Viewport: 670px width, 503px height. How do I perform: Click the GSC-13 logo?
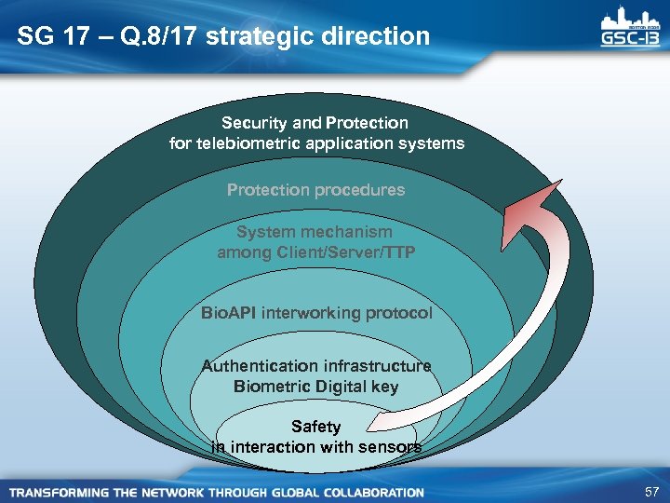tap(628, 30)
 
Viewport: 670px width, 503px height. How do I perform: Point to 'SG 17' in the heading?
tap(48, 36)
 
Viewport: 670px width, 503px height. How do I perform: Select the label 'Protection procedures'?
tap(315, 189)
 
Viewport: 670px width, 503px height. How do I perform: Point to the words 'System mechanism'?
tap(315, 231)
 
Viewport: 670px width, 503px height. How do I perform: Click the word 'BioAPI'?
tap(229, 313)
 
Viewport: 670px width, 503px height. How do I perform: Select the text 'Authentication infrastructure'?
tap(316, 366)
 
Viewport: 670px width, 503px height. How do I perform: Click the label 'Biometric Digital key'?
tap(316, 386)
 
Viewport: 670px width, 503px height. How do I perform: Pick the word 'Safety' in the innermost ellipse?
tap(316, 427)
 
